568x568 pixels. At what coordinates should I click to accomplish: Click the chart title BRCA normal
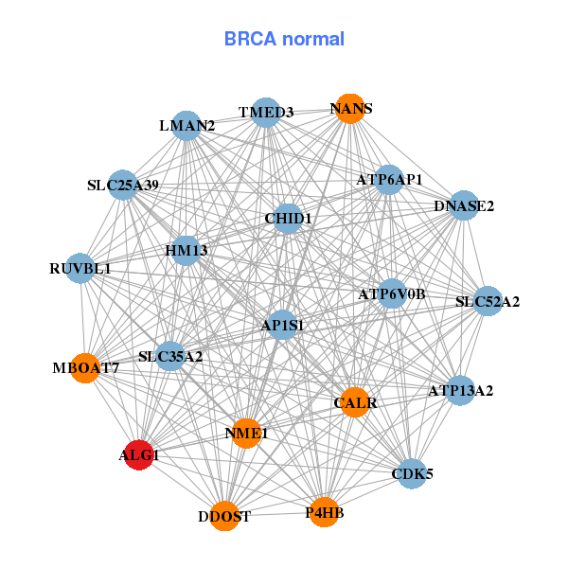pyautogui.click(x=284, y=39)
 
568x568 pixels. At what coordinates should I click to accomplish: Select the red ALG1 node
pyautogui.click(x=139, y=455)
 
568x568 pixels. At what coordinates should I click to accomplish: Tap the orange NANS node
pyautogui.click(x=350, y=109)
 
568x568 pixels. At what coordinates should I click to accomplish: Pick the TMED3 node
pyautogui.click(x=266, y=113)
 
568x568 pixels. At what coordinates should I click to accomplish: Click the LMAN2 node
pyautogui.click(x=186, y=126)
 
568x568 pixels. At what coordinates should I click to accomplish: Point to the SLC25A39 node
pyautogui.click(x=122, y=186)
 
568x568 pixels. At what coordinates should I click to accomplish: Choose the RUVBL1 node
pyautogui.click(x=80, y=269)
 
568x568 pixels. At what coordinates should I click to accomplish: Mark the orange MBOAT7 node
pyautogui.click(x=85, y=368)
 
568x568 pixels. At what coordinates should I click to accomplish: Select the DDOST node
pyautogui.click(x=224, y=516)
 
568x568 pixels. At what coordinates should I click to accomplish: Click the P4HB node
pyautogui.click(x=324, y=512)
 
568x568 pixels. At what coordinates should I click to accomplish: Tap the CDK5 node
pyautogui.click(x=412, y=473)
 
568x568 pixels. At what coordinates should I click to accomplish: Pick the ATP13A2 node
pyautogui.click(x=460, y=390)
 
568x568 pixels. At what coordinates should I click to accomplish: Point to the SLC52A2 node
pyautogui.click(x=488, y=302)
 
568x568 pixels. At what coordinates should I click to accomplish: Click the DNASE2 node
pyautogui.click(x=463, y=205)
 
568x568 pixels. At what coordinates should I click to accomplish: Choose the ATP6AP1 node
pyautogui.click(x=389, y=179)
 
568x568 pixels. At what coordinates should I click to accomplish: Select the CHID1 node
pyautogui.click(x=288, y=219)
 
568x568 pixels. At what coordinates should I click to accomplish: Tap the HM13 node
pyautogui.click(x=186, y=251)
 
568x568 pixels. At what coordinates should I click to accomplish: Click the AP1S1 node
pyautogui.click(x=282, y=326)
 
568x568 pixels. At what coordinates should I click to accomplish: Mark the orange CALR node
pyautogui.click(x=355, y=402)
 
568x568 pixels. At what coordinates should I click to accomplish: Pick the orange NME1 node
pyautogui.click(x=247, y=434)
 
